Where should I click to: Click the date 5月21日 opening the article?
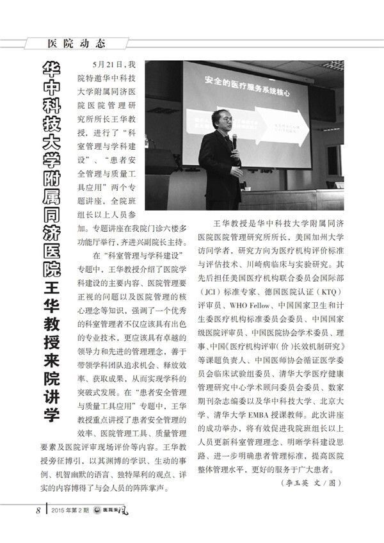click(x=106, y=65)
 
